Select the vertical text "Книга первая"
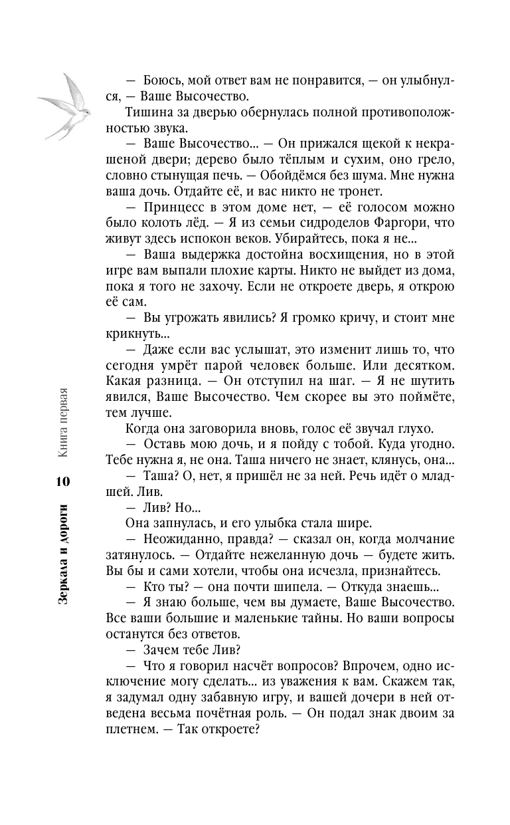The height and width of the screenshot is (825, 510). tap(64, 422)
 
